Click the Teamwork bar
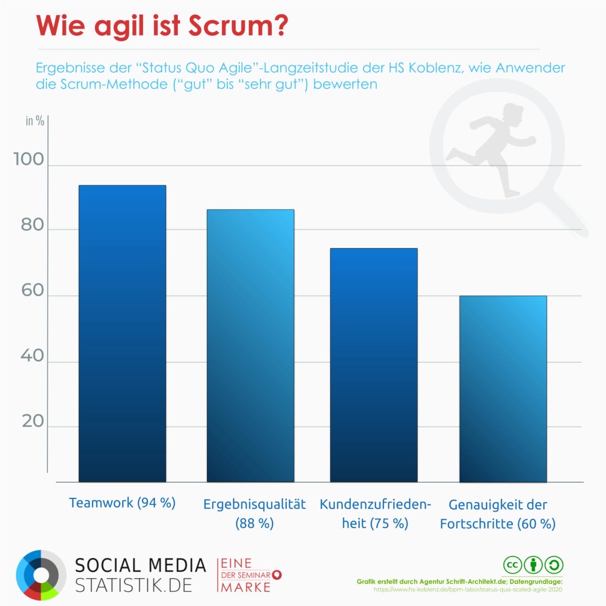tap(122, 333)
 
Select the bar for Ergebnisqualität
tap(250, 346)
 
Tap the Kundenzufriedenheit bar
tap(374, 365)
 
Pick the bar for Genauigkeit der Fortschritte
tap(503, 389)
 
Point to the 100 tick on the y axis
tap(28, 159)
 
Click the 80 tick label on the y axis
tap(32, 225)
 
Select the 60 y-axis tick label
tap(32, 290)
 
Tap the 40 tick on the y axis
tap(32, 356)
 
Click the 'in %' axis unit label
tap(35, 121)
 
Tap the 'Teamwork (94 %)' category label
tap(122, 503)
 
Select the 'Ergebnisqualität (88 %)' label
tap(255, 514)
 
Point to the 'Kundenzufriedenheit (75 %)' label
tap(375, 514)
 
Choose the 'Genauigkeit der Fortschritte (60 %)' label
tap(498, 514)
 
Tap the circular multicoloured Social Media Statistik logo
tap(41, 575)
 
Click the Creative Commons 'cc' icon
tap(512, 565)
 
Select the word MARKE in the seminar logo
tap(246, 587)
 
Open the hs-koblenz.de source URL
tap(468, 589)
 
